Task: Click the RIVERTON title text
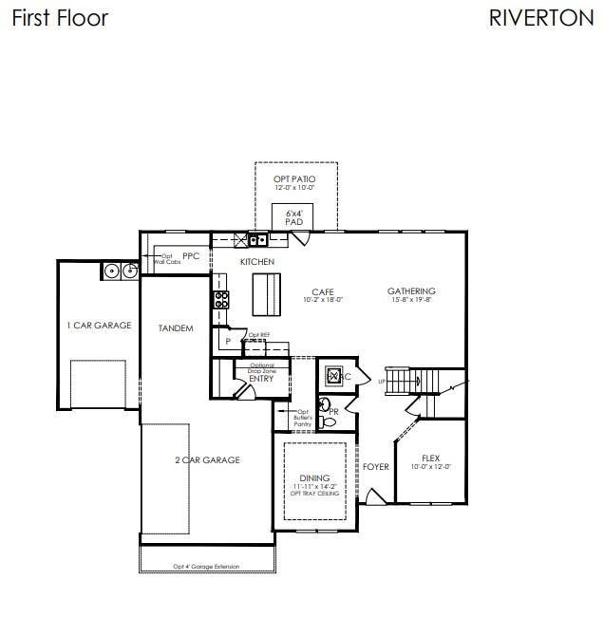point(540,18)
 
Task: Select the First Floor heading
point(60,18)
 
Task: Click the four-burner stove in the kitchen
point(221,300)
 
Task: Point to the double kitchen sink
point(257,240)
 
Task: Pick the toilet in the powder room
point(329,421)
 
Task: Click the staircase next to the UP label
point(403,381)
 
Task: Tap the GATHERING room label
point(411,291)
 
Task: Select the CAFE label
point(323,291)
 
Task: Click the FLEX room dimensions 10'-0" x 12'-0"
point(431,467)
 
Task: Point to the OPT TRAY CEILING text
point(315,495)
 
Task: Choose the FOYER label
point(375,467)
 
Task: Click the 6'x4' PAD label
point(294,218)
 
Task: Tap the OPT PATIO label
point(294,178)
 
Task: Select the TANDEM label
point(176,328)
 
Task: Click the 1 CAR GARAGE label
point(99,326)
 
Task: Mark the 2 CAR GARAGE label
point(207,460)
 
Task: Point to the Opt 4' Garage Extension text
point(206,567)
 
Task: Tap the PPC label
point(191,255)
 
